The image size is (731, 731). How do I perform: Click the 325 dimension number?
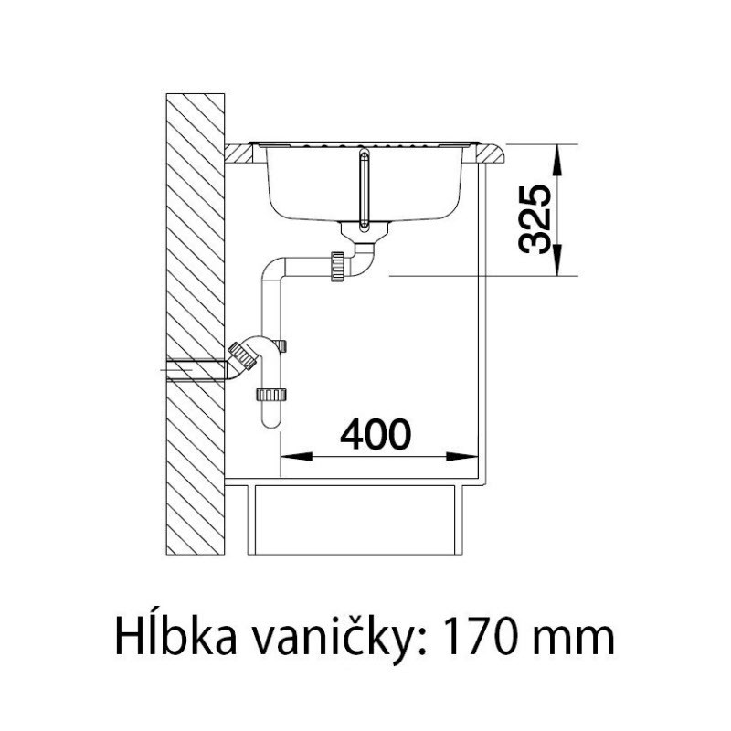pyautogui.click(x=535, y=219)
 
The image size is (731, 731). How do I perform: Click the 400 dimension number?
pyautogui.click(x=376, y=434)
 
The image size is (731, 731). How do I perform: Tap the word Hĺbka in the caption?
pyautogui.click(x=175, y=635)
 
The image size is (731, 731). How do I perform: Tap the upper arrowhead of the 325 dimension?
pyautogui.click(x=557, y=160)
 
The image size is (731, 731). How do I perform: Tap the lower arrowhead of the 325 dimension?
pyautogui.click(x=557, y=260)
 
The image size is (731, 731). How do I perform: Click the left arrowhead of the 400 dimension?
pyautogui.click(x=296, y=456)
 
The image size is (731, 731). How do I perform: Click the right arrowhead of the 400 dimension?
pyautogui.click(x=462, y=456)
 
